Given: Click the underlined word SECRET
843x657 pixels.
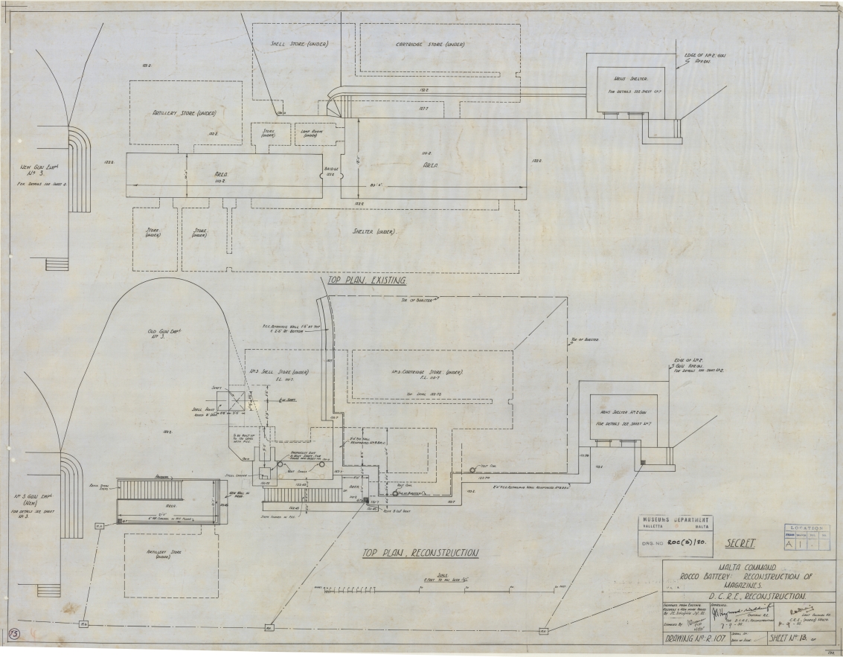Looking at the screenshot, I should pos(740,543).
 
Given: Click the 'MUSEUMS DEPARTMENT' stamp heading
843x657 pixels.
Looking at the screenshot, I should pos(675,519).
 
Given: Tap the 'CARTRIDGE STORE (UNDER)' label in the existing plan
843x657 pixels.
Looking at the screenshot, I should pos(431,44).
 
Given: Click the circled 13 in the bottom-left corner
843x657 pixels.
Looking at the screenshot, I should pos(14,633).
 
